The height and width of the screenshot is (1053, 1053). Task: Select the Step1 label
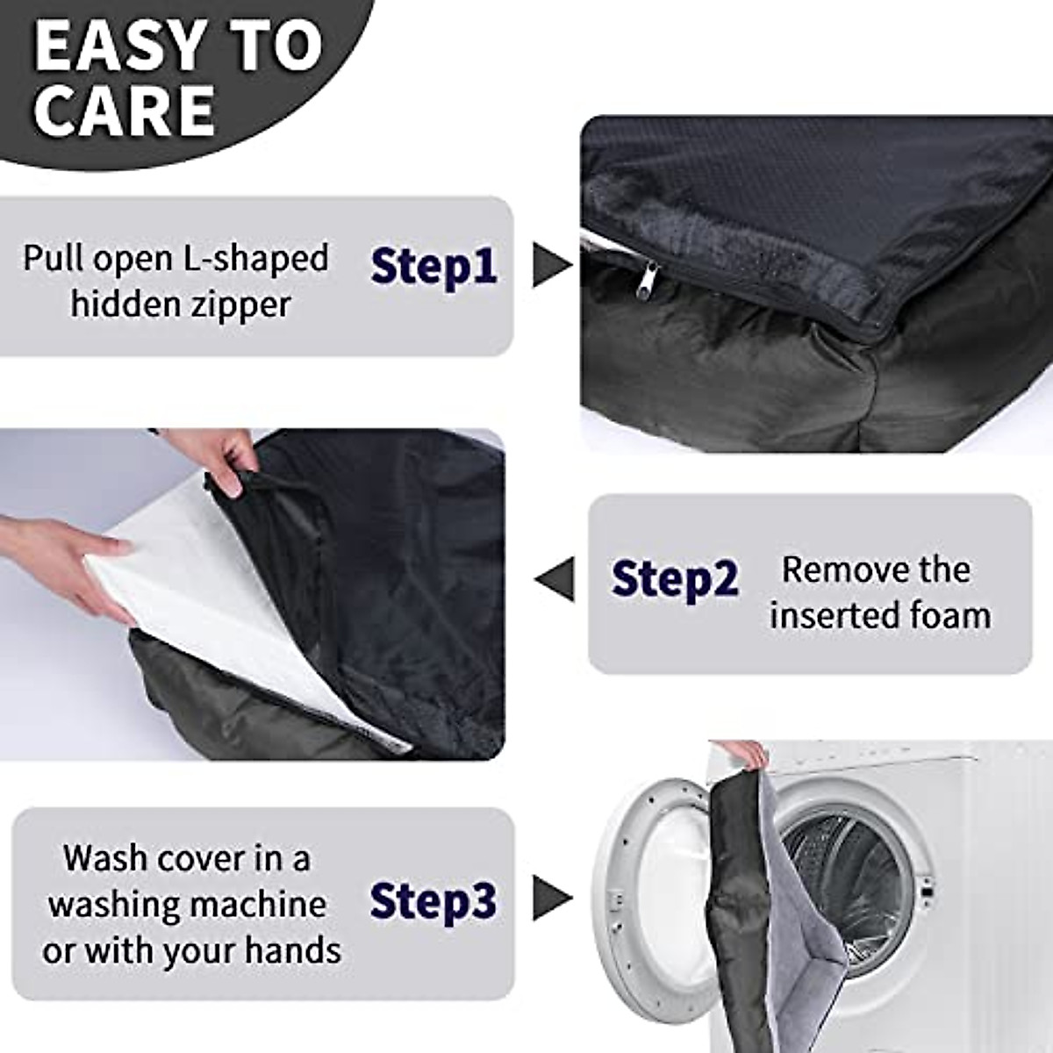(433, 266)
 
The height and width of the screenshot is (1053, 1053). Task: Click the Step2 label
(675, 579)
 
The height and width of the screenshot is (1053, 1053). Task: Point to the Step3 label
(433, 900)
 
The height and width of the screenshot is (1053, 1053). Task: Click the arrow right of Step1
(553, 265)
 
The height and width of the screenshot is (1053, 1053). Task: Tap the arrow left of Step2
(555, 579)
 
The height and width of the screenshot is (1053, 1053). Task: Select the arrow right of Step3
(553, 899)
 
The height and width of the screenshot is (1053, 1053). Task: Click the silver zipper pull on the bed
(648, 283)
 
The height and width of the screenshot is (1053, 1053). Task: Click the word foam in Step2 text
(949, 615)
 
